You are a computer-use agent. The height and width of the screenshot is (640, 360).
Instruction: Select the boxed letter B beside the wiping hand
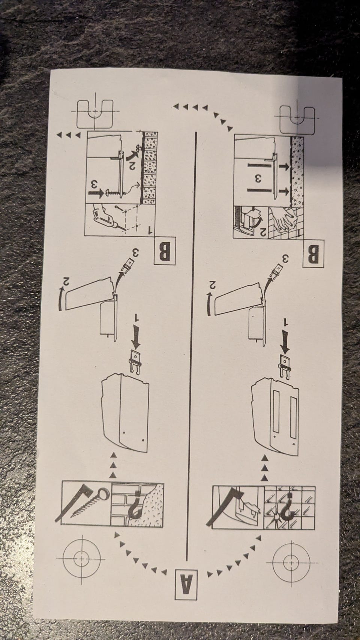(314, 254)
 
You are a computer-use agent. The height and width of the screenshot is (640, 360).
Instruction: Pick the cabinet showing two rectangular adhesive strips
(275, 417)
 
